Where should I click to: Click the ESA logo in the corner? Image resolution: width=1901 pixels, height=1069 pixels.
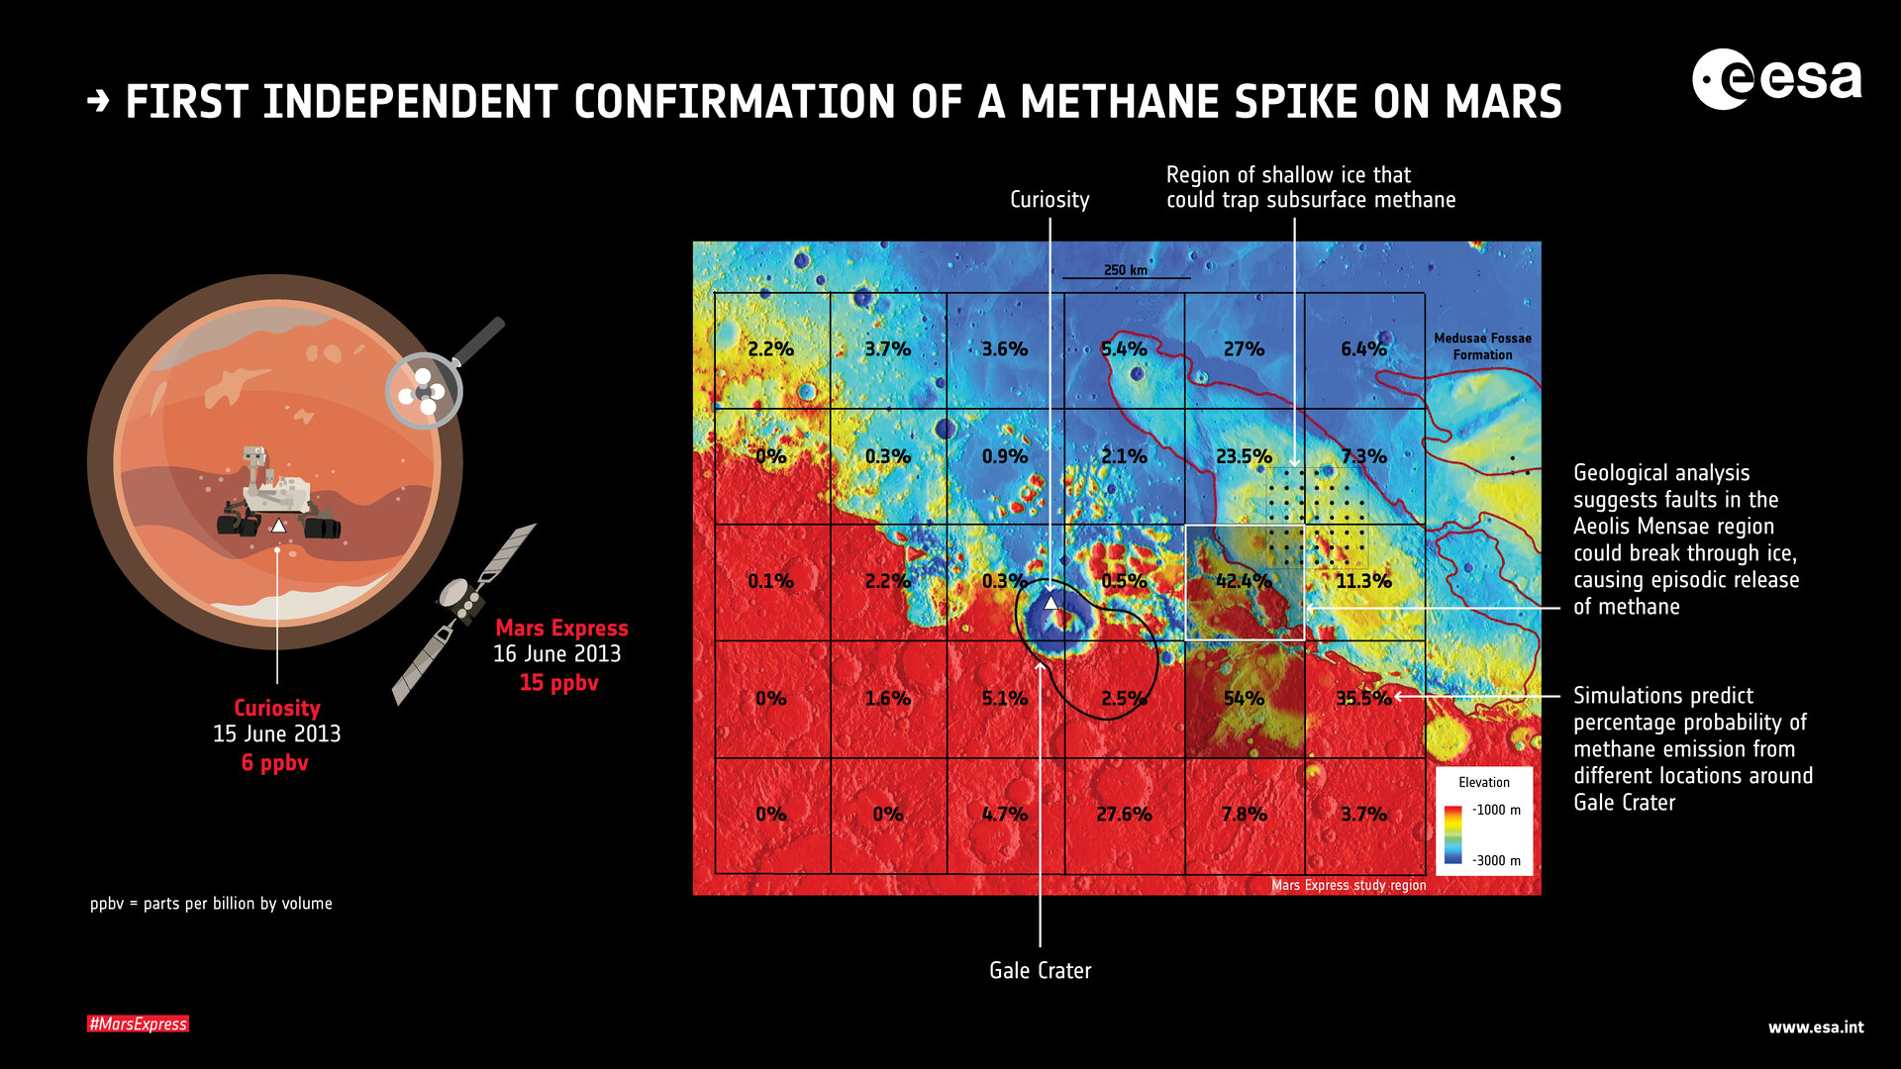click(1776, 79)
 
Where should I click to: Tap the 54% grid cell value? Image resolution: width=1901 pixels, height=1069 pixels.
click(1244, 698)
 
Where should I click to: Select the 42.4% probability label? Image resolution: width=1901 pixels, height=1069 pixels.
click(1244, 581)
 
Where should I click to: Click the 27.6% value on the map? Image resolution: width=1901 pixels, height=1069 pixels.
click(1124, 814)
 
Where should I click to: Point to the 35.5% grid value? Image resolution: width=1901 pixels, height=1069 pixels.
click(1363, 698)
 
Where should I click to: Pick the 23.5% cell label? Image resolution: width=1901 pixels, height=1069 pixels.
click(1244, 456)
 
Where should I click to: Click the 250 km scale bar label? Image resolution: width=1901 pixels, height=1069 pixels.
click(1126, 270)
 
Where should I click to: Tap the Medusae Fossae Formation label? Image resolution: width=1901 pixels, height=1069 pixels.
click(1482, 346)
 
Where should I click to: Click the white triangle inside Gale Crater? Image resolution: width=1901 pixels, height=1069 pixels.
click(1051, 602)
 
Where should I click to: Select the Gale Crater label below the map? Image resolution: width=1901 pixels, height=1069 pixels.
click(1040, 970)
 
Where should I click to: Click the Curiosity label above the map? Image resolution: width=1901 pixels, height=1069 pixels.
click(1050, 200)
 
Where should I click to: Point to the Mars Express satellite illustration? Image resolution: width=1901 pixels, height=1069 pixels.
click(463, 614)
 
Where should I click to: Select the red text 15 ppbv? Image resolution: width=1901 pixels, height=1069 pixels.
click(558, 682)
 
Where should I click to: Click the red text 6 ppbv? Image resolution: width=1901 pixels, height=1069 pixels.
click(275, 762)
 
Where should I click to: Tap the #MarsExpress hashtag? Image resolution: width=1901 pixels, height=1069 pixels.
click(138, 1023)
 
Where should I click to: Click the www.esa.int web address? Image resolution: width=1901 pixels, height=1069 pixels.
click(1816, 1027)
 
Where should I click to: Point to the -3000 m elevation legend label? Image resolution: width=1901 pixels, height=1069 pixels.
click(1495, 860)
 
